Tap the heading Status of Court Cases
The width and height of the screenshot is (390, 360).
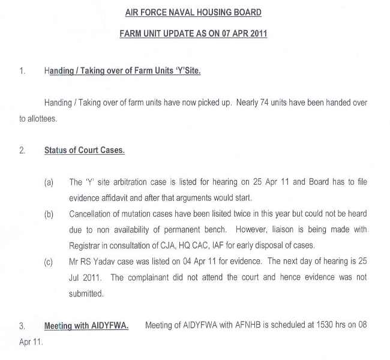pyautogui.click(x=84, y=151)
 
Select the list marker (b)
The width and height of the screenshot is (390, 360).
pyautogui.click(x=49, y=214)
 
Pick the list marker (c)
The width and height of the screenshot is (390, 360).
pyautogui.click(x=49, y=262)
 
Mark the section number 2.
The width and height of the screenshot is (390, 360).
pyautogui.click(x=22, y=151)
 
